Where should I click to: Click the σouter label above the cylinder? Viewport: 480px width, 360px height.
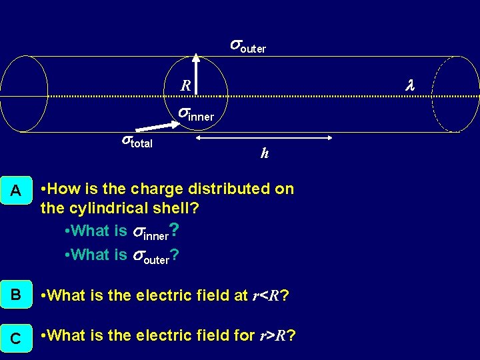(x=248, y=46)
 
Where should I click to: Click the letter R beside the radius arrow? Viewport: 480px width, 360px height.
(x=186, y=85)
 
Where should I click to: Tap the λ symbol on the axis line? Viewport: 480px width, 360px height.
(x=410, y=85)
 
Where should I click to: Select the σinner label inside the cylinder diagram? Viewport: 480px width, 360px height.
(x=195, y=114)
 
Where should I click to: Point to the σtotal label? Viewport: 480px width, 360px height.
(x=136, y=141)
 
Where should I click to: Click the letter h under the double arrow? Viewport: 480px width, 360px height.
(x=265, y=153)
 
